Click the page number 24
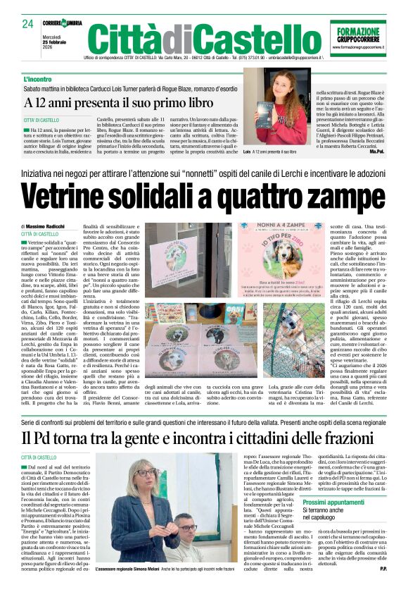27,24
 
